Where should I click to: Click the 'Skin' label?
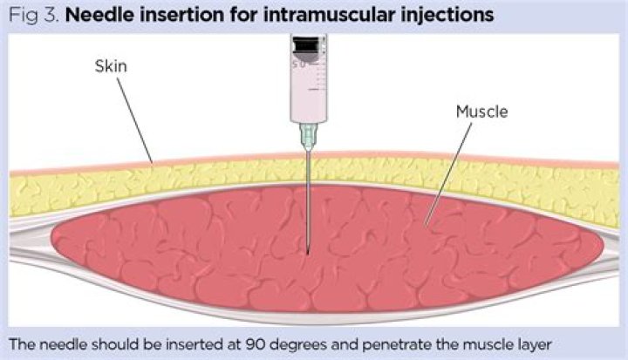pyautogui.click(x=112, y=67)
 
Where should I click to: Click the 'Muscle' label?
pyautogui.click(x=480, y=112)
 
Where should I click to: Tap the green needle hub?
pyautogui.click(x=307, y=132)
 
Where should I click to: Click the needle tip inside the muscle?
pyautogui.click(x=308, y=253)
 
